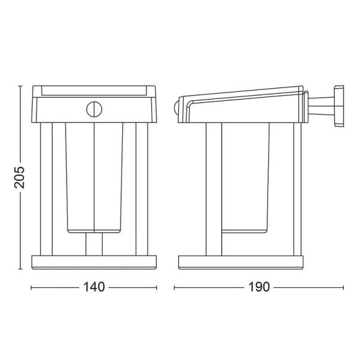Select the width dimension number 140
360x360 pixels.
point(95,287)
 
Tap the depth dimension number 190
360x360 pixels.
point(259,287)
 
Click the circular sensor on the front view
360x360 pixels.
point(95,109)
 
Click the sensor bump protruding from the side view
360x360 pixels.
point(176,109)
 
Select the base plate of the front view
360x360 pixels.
point(95,263)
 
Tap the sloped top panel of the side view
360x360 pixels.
point(240,96)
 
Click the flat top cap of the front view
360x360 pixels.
point(95,91)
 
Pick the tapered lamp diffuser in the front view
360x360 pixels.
point(95,177)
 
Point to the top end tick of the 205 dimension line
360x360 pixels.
point(20,86)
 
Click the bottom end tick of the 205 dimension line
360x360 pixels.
point(20,269)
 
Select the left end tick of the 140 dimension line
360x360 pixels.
point(31,287)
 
